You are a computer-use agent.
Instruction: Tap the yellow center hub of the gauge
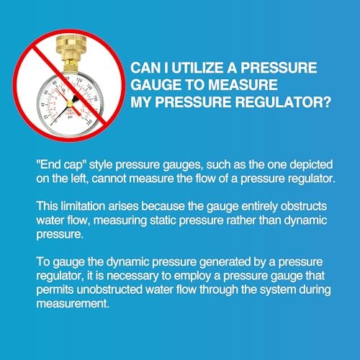point(70,104)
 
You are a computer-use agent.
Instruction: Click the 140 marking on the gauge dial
point(89,87)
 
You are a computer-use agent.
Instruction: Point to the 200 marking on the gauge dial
point(90,122)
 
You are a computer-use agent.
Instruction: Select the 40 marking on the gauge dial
point(43,105)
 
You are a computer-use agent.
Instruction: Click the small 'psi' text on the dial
point(71,117)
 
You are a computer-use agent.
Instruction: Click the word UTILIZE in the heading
point(197,68)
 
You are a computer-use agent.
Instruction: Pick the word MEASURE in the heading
point(243,85)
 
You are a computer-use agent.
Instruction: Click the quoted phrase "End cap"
point(61,166)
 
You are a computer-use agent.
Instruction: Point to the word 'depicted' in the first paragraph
point(311,166)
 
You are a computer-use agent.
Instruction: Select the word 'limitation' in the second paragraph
point(83,207)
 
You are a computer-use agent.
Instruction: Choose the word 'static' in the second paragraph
point(163,220)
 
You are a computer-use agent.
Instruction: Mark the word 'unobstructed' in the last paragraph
point(109,289)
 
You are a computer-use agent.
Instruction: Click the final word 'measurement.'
point(73,304)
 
